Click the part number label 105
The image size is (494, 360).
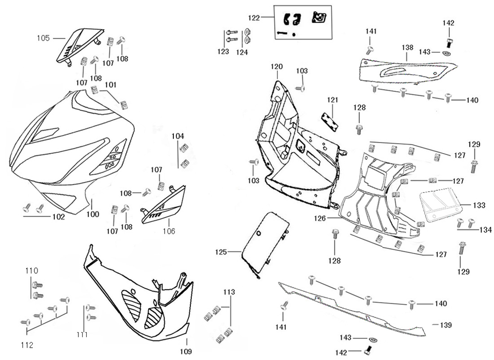click(x=43, y=38)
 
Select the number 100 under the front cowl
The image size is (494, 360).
click(x=92, y=214)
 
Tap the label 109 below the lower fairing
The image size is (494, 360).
click(x=186, y=351)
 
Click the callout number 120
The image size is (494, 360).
click(x=276, y=67)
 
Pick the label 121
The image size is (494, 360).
click(x=333, y=100)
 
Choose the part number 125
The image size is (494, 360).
click(x=221, y=252)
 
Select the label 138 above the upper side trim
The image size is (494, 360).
click(x=407, y=48)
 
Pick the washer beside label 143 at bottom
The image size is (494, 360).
click(x=372, y=340)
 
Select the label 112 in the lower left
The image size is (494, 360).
click(x=28, y=345)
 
